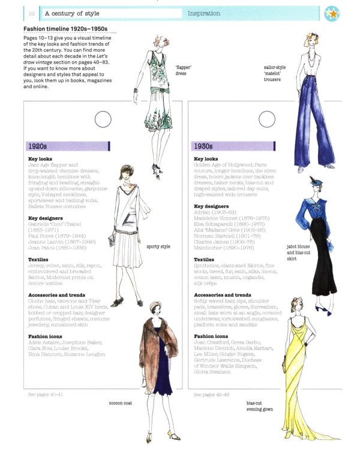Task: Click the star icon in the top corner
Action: [347, 13]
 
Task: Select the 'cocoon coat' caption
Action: [121, 403]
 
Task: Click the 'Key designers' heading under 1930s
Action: [212, 206]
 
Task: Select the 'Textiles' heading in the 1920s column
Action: [38, 260]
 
